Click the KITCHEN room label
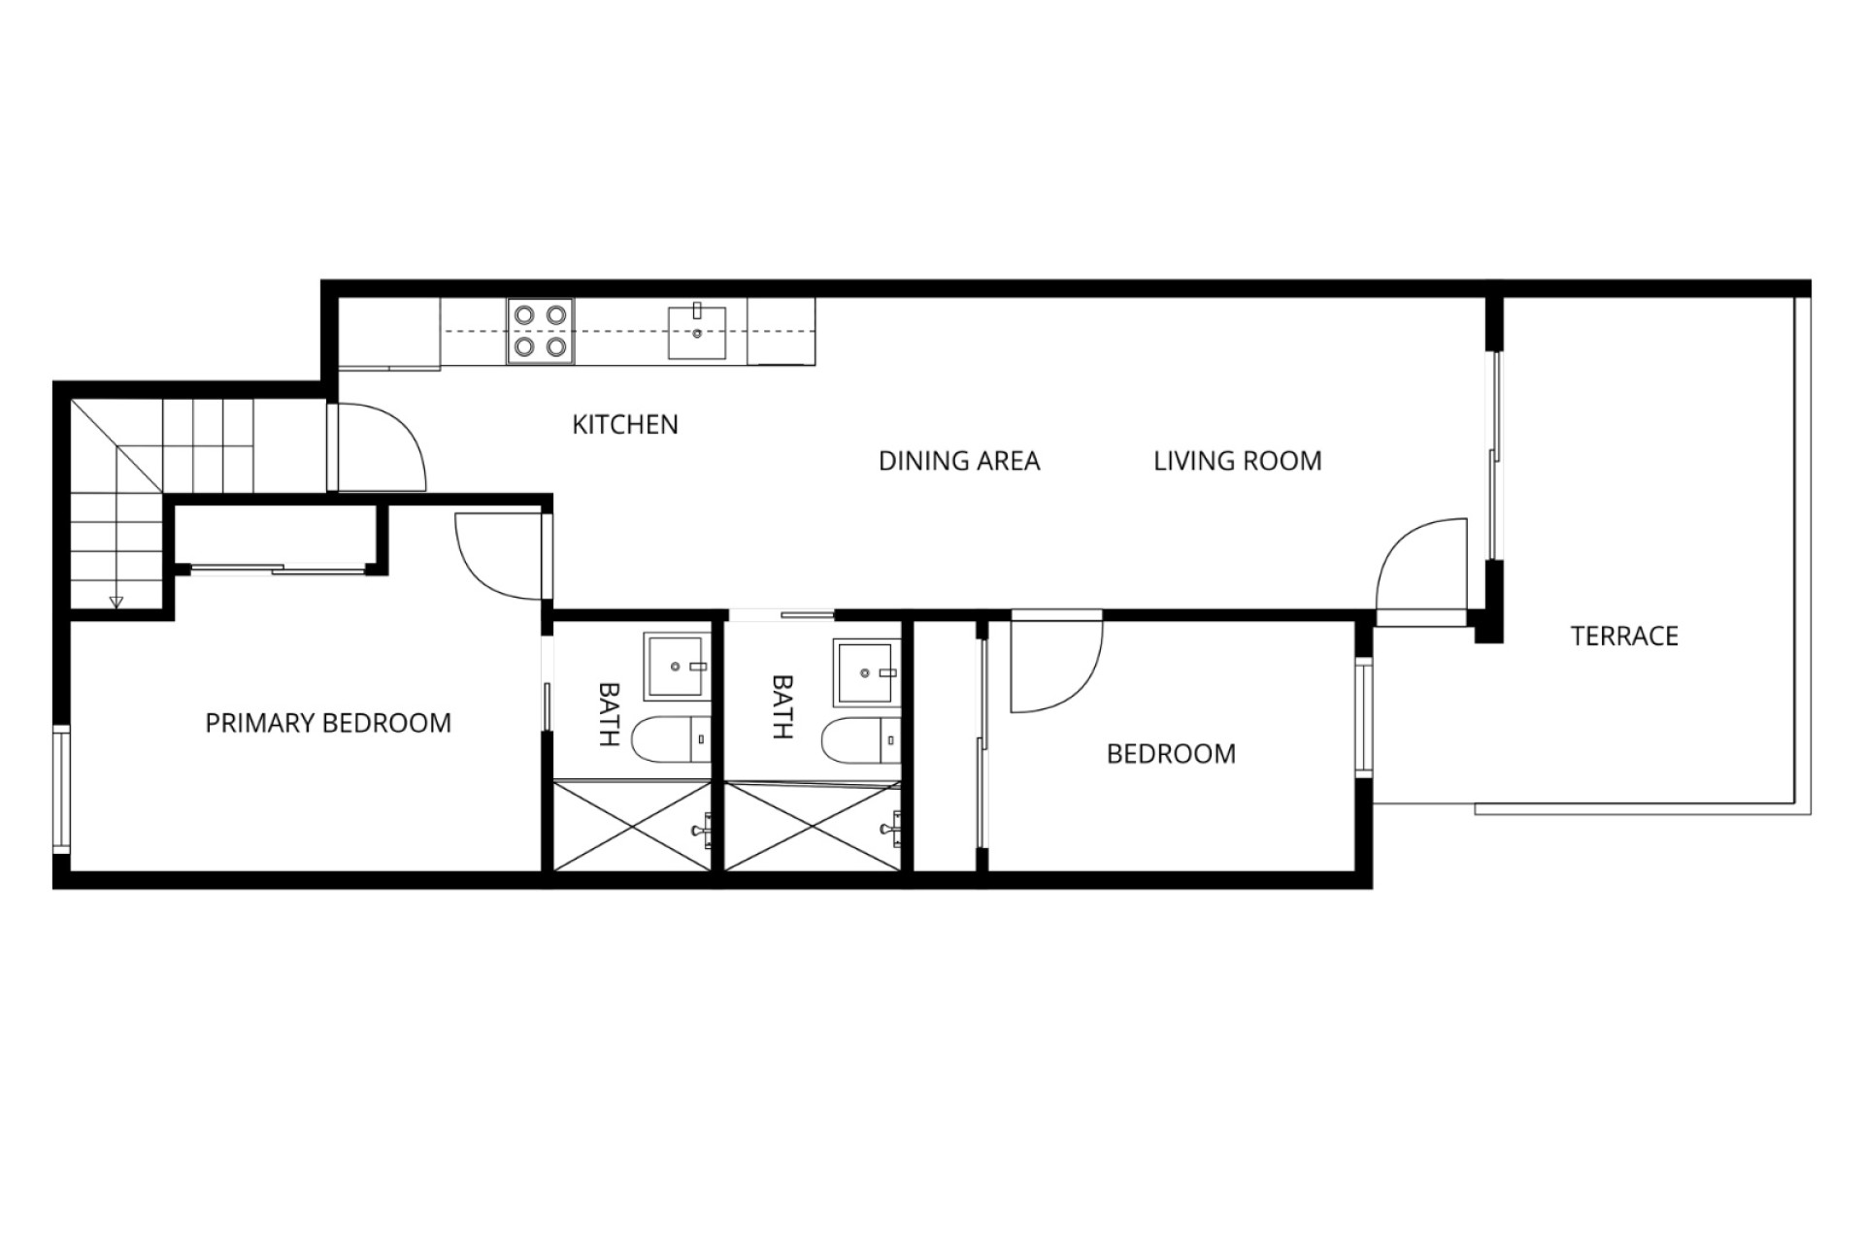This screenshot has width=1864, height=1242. coord(625,424)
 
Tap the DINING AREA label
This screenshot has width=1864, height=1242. coord(959,461)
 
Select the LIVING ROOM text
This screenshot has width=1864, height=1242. coord(1238,461)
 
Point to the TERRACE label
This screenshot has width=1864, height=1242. coord(1624,637)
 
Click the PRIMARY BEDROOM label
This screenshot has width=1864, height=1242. coord(328,723)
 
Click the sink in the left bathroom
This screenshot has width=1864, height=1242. coord(676,667)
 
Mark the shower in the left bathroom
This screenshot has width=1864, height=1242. coord(633,825)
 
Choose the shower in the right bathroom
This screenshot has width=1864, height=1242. coord(814,825)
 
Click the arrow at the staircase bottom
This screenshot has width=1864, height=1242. coord(116,600)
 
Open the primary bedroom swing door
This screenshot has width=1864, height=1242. coord(499,556)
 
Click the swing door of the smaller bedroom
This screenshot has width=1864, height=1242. coord(1056,663)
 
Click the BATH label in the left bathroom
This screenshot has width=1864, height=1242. coord(609,713)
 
